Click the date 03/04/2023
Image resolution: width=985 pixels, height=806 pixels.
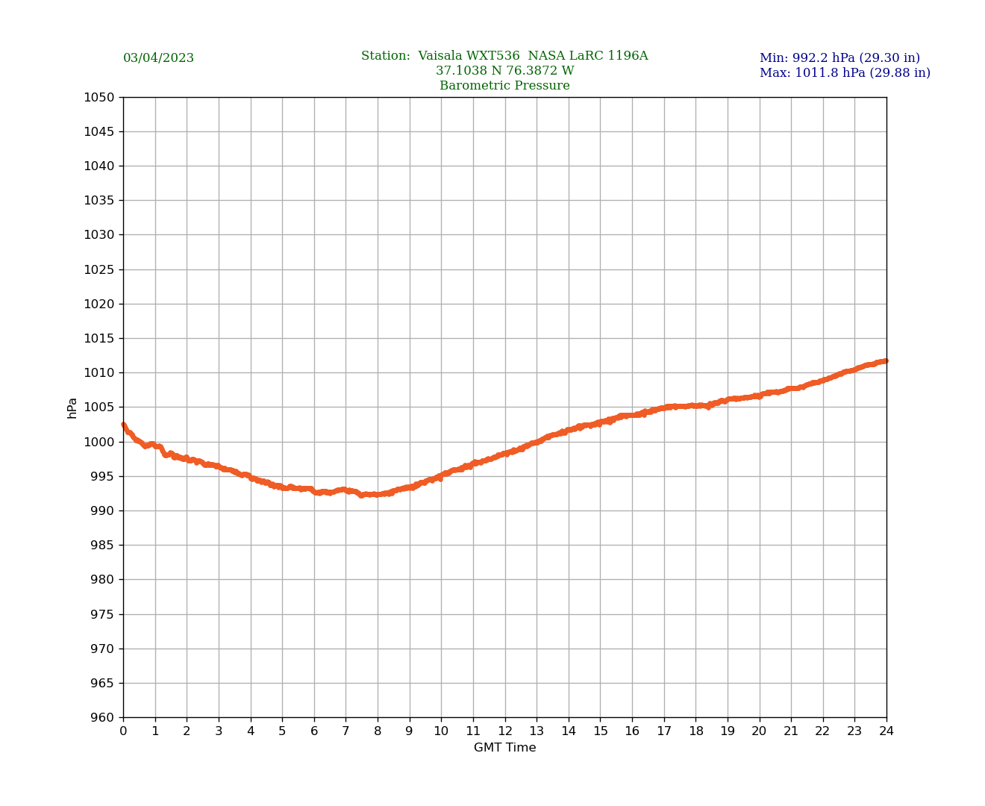point(158,58)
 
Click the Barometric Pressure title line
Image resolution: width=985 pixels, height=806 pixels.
point(504,86)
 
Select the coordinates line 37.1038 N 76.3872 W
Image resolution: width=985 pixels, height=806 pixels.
point(504,71)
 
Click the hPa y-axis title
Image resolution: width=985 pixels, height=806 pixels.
point(72,407)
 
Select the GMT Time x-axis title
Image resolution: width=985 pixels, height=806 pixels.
point(504,748)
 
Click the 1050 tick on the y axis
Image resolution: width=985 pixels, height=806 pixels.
point(99,97)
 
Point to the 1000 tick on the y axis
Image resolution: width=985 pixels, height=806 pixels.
point(99,442)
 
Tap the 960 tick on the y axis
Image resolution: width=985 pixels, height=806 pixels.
point(102,718)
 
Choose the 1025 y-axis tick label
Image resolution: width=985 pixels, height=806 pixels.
point(99,269)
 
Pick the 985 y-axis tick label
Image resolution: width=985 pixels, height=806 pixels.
point(102,546)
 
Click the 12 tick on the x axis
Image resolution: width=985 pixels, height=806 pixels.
point(505,731)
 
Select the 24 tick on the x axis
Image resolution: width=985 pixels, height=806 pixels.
point(886,731)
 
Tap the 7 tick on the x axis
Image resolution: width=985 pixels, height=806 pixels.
point(345,731)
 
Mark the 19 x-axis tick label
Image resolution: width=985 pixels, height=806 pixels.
point(728,731)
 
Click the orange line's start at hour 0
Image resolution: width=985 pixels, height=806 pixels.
point(124,425)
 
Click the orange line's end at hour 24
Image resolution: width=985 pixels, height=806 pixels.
point(886,361)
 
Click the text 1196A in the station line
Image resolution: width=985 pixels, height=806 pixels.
point(628,56)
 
